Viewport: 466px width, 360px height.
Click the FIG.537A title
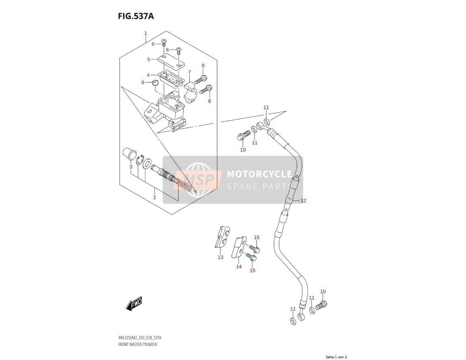tap(135, 16)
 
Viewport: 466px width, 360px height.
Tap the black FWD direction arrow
tap(134, 304)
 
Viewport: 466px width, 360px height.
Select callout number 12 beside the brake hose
tap(303, 201)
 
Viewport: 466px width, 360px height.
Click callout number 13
tap(220, 257)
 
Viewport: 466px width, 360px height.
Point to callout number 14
tap(239, 267)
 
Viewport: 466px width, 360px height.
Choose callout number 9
tap(143, 82)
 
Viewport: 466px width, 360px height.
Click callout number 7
tap(189, 72)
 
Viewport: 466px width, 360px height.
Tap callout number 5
tap(149, 59)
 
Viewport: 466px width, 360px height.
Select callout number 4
tap(148, 75)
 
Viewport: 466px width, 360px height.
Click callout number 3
tap(131, 167)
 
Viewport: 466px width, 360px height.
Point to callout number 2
tap(154, 197)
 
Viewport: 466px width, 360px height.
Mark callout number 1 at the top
tap(146, 33)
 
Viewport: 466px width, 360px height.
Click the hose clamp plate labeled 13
tap(222, 236)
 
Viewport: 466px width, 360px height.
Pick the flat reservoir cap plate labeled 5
tap(171, 62)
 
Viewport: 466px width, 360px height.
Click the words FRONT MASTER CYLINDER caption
tap(138, 345)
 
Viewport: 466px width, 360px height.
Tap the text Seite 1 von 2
tap(336, 357)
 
